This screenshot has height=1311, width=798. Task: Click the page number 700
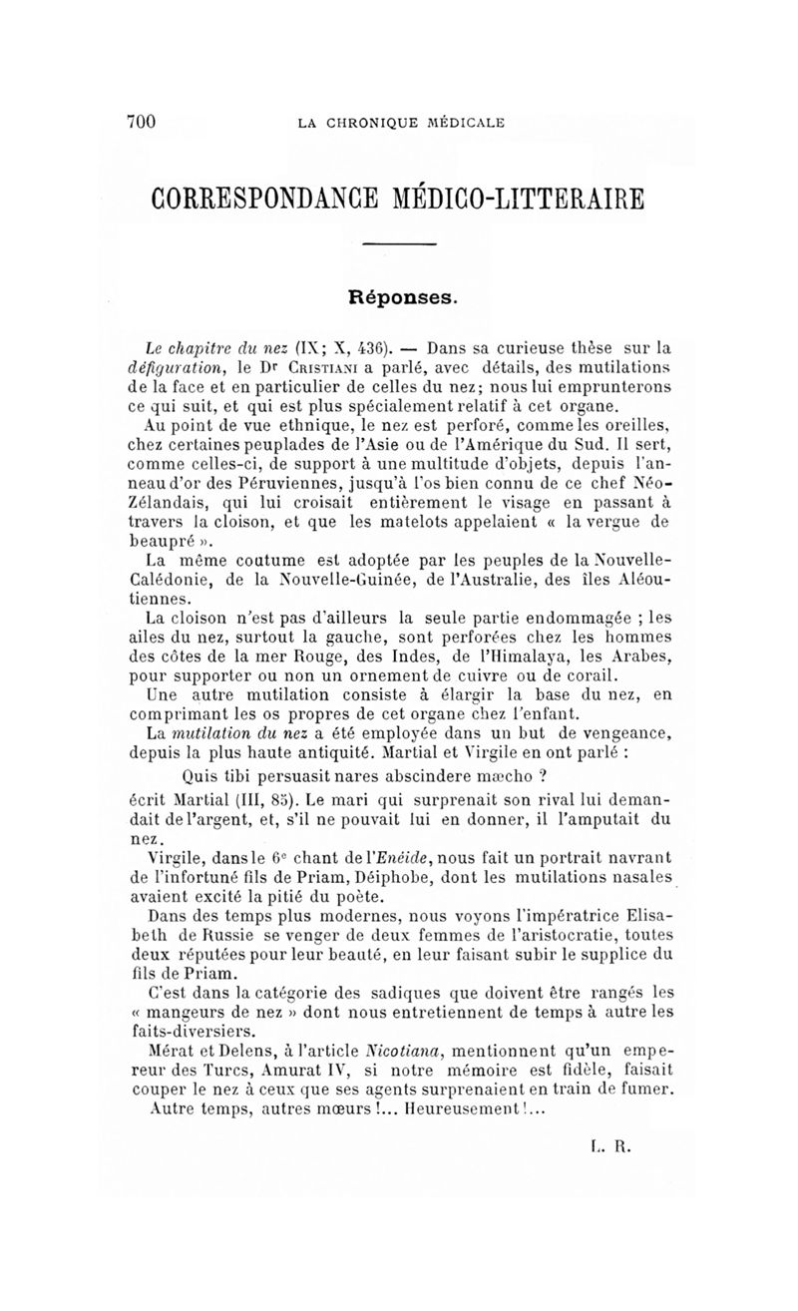[143, 122]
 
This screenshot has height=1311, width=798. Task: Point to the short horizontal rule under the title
[399, 245]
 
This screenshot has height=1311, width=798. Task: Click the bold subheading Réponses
[399, 296]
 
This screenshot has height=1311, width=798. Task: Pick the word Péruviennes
[253, 481]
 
